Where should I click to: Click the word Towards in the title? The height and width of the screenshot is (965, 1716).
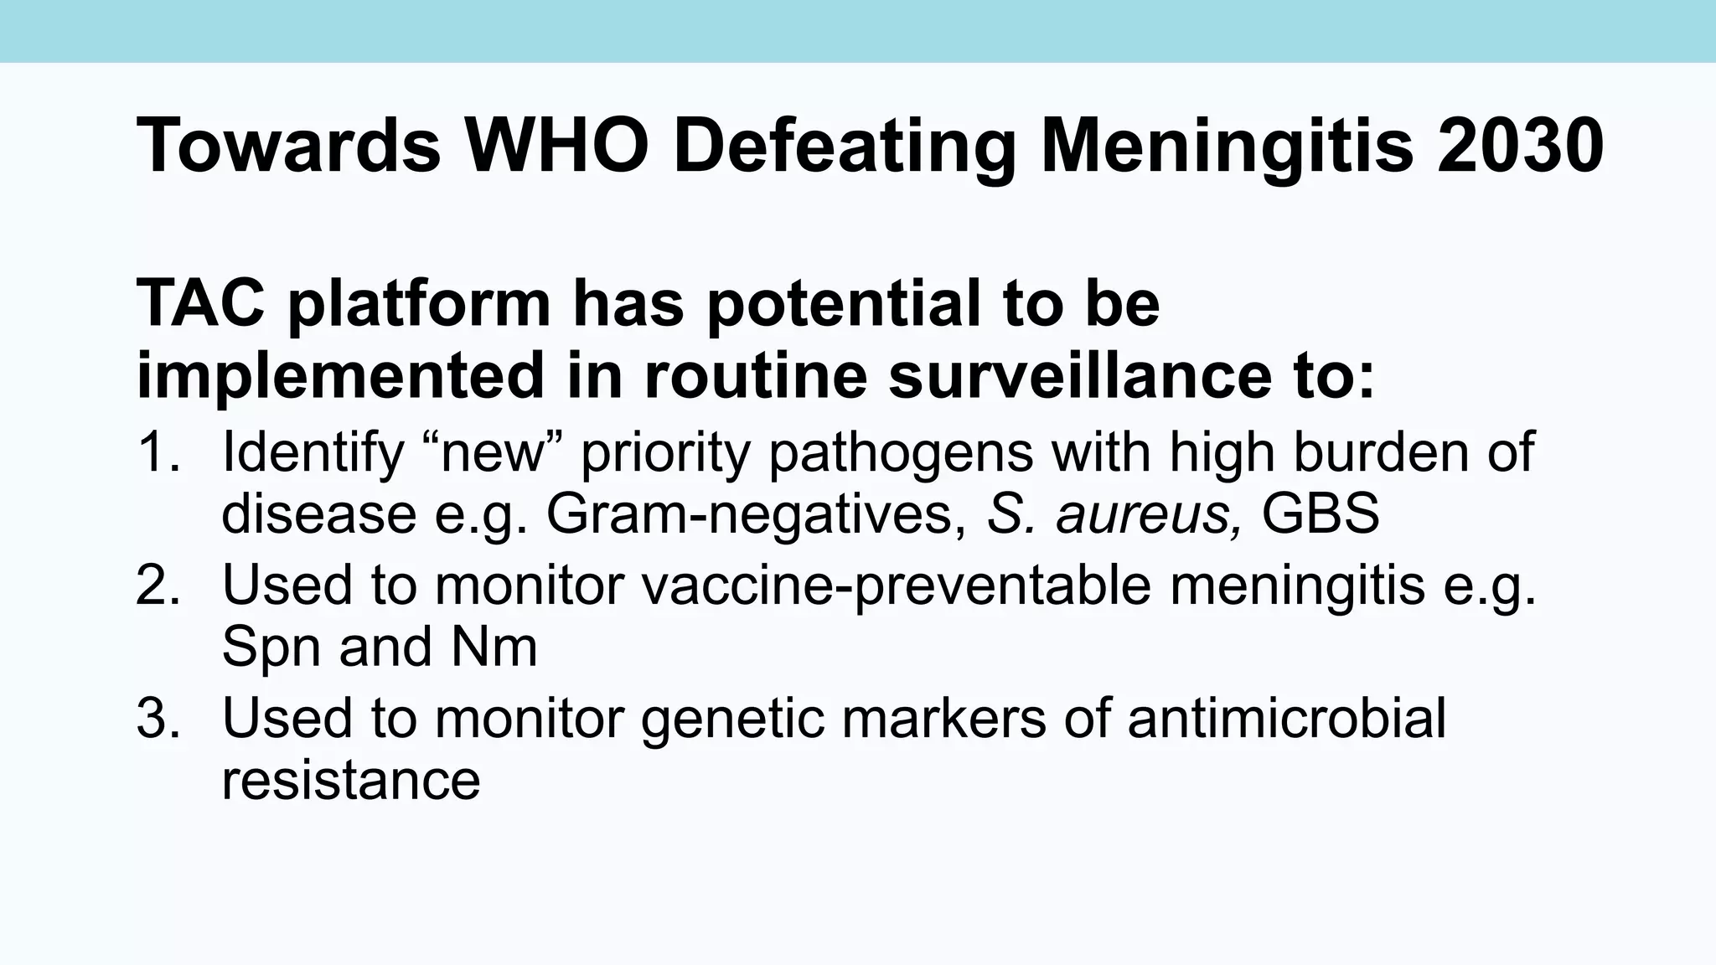point(288,147)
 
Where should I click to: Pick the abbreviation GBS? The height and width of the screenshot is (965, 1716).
point(1321,513)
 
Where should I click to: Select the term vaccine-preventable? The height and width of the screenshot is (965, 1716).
point(897,585)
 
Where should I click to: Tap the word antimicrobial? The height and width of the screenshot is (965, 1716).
point(1287,718)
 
